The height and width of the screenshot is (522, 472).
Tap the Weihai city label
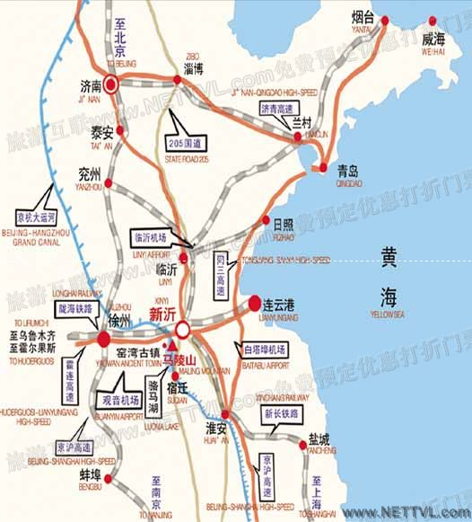coord(433,40)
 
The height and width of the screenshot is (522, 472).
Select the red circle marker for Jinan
coord(111,85)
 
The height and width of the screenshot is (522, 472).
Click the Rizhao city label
coord(284,223)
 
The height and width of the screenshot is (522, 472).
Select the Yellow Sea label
coord(389,274)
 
